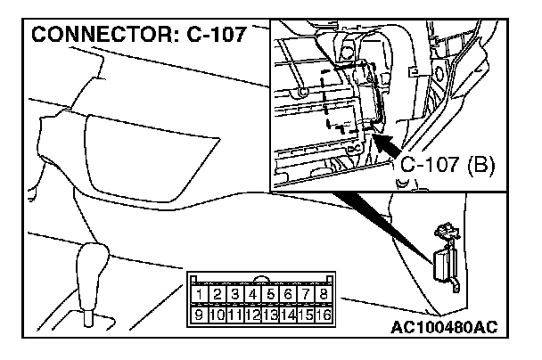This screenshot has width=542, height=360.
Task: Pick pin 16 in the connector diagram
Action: (324, 314)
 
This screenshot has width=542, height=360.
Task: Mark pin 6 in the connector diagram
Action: (288, 294)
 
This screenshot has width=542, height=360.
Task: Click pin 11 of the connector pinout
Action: (234, 314)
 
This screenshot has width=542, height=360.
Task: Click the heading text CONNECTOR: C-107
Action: (137, 37)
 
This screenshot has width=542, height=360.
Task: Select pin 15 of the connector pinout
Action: (306, 314)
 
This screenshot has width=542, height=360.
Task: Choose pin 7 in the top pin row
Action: (306, 294)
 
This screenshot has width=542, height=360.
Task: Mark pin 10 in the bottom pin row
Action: (217, 314)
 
